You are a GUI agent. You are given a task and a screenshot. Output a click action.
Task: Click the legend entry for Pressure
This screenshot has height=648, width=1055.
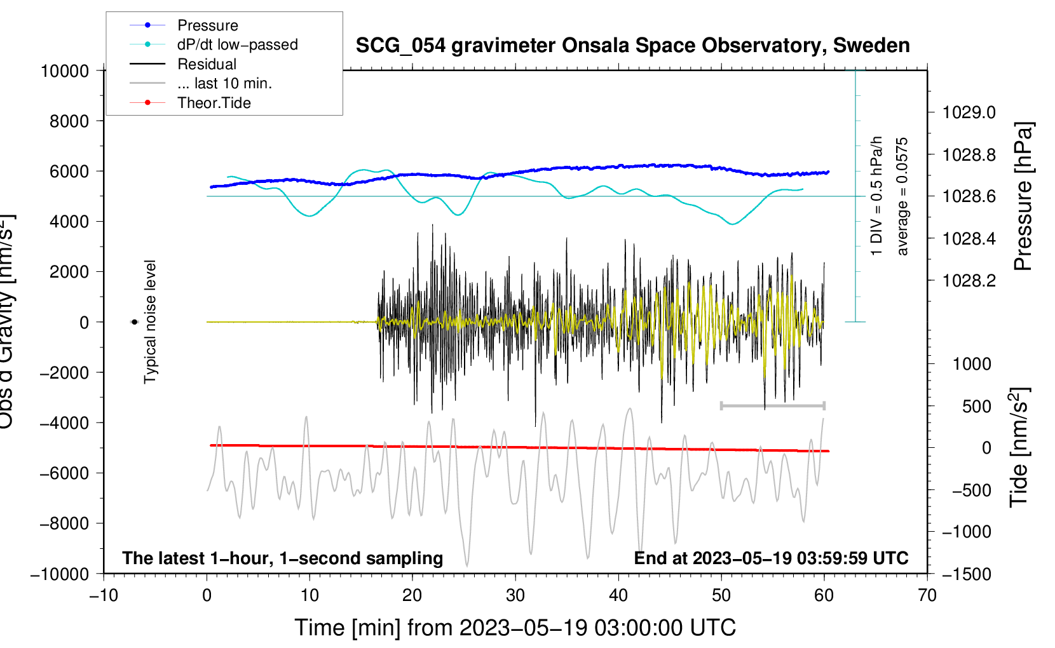tap(207, 25)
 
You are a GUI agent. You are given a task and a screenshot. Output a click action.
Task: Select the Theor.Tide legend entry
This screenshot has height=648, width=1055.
tap(214, 103)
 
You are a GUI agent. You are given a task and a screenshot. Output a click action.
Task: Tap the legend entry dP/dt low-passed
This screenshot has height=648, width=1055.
tap(237, 44)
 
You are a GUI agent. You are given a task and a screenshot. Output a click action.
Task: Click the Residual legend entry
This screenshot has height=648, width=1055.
tap(207, 64)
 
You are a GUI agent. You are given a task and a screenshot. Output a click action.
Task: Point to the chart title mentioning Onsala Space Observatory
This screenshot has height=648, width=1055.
tap(632, 46)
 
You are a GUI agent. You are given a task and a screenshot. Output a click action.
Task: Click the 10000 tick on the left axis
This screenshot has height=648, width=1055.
tap(65, 71)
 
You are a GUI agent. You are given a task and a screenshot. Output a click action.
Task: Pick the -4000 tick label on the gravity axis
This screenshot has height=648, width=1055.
tap(64, 423)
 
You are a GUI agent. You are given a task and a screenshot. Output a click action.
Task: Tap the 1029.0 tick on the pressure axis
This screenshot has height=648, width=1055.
tap(969, 112)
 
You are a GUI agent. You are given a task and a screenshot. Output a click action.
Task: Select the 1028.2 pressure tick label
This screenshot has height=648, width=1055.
tap(969, 281)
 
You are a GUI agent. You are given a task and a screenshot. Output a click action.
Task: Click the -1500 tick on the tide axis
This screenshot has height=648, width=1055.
tap(966, 574)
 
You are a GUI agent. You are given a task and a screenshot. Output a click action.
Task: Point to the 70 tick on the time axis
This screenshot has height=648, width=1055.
tap(927, 595)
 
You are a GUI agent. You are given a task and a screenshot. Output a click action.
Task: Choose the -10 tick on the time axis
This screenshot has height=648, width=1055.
tap(104, 595)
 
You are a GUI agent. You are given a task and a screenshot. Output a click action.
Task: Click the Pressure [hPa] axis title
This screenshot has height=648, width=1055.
tap(1024, 196)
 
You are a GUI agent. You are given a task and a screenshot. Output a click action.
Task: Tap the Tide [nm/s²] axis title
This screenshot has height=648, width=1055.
tap(1019, 447)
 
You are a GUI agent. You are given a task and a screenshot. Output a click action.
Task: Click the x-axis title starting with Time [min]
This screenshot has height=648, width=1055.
tap(515, 628)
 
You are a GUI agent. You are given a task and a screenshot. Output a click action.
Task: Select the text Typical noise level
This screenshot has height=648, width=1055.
tap(150, 321)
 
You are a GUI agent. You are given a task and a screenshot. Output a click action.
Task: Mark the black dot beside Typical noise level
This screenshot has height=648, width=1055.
tap(134, 322)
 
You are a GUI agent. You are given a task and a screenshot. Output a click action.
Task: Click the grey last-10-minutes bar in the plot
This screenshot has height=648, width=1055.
tap(772, 405)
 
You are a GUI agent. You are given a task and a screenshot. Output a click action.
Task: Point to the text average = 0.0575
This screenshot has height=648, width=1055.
tap(902, 196)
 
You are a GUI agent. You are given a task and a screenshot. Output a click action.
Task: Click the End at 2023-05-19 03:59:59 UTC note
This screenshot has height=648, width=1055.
tap(771, 558)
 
